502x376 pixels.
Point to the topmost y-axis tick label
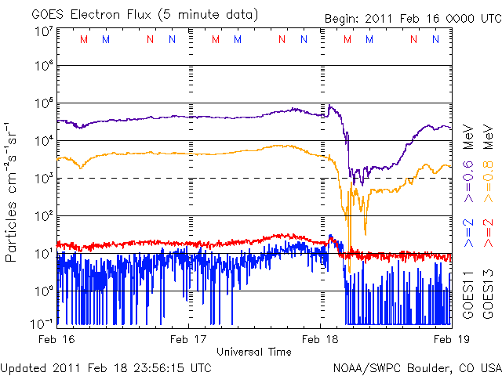point(43,32)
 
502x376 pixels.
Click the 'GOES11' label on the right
point(468,295)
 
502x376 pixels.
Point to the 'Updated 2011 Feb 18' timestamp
point(106,367)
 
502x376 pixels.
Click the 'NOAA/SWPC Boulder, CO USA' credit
point(417,367)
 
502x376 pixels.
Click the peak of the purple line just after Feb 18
point(330,106)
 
